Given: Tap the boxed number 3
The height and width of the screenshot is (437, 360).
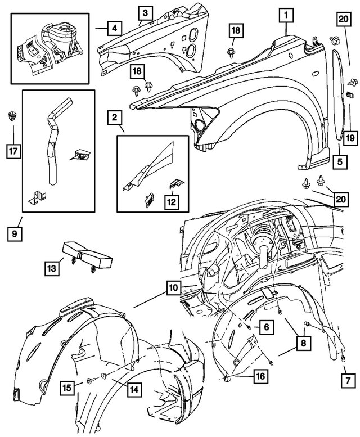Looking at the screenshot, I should coord(145,12).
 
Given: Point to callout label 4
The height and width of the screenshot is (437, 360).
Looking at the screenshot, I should coord(114,27).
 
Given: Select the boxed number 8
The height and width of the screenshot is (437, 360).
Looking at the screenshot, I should coord(303,342).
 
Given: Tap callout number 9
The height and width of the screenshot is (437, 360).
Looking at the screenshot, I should coord(14,232).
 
